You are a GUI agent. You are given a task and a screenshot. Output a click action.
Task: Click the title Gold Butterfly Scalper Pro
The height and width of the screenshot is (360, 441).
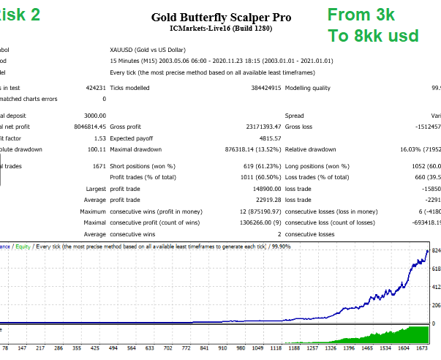pos(220,16)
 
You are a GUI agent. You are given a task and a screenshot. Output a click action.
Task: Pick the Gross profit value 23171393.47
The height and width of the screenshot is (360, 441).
pos(247,127)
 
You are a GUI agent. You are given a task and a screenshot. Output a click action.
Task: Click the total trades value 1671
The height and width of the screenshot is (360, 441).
pos(98,166)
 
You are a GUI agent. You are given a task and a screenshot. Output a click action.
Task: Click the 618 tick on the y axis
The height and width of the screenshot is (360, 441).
pos(435,269)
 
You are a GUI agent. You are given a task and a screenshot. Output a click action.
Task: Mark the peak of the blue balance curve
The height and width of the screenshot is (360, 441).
pos(428,251)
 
